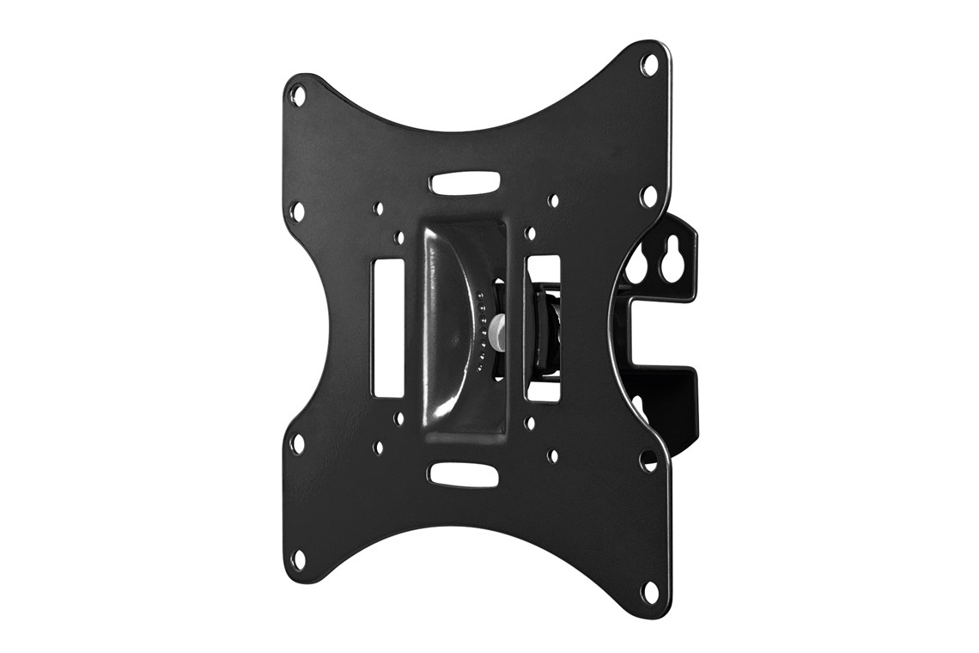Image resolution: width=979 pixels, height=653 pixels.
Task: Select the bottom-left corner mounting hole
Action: click(x=298, y=559)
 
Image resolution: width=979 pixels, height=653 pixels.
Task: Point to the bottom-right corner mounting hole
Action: click(x=649, y=591)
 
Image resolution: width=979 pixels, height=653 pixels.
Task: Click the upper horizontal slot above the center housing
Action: click(x=465, y=183)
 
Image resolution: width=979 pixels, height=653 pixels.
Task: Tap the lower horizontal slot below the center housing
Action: click(x=464, y=474)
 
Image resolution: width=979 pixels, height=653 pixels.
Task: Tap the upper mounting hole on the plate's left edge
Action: click(x=297, y=211)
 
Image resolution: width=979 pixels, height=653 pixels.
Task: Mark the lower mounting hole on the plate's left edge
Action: click(x=297, y=443)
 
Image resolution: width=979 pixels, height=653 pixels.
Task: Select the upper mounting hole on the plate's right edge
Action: click(x=649, y=197)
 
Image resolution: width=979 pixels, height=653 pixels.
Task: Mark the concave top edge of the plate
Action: click(x=464, y=129)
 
